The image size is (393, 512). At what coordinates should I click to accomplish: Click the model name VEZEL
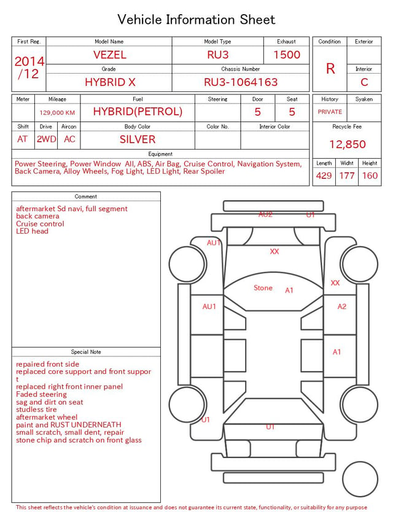click(x=110, y=55)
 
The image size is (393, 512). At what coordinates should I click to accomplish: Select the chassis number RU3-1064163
click(x=241, y=82)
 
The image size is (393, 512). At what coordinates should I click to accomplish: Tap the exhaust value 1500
click(x=287, y=55)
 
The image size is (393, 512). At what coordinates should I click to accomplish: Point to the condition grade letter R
click(x=330, y=69)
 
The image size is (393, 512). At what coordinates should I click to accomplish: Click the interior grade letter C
click(x=364, y=82)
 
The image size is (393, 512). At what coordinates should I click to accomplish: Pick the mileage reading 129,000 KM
click(x=57, y=113)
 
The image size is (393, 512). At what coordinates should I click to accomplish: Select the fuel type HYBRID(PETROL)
click(x=138, y=112)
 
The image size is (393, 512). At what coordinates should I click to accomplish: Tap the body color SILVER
click(x=138, y=139)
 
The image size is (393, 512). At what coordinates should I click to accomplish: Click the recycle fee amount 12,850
click(x=347, y=144)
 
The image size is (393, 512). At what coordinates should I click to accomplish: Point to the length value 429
click(x=324, y=175)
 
